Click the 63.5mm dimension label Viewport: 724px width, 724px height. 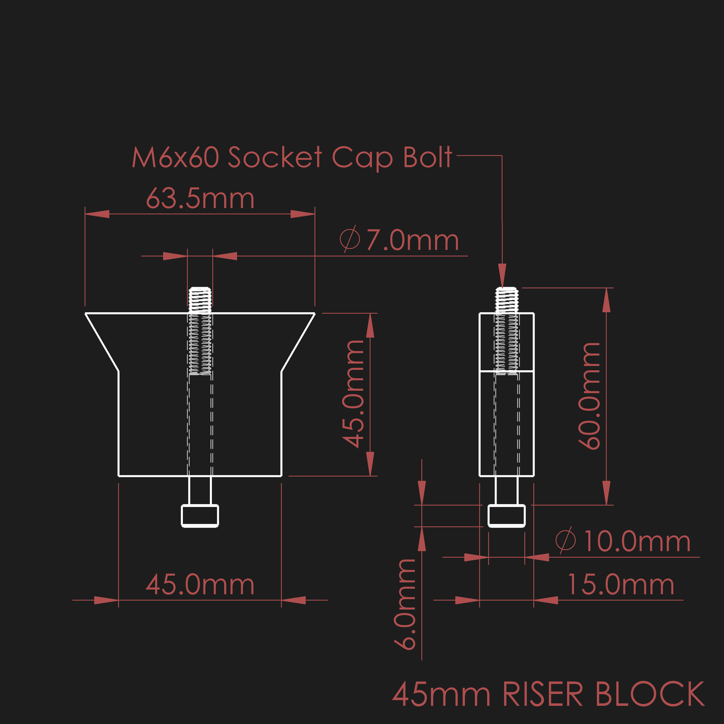200,199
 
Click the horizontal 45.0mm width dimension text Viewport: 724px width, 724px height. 200,585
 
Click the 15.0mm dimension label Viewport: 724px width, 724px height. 620,585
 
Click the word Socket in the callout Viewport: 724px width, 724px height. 275,158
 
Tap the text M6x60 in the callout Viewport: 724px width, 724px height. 175,158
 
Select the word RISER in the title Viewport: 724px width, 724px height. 543,694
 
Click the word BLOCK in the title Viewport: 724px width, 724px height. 650,694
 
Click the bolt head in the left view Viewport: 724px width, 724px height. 200,516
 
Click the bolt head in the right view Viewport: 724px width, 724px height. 507,516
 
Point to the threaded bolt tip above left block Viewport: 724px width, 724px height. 200,299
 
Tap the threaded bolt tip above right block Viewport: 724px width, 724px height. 507,299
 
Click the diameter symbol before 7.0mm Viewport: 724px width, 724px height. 350,240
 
